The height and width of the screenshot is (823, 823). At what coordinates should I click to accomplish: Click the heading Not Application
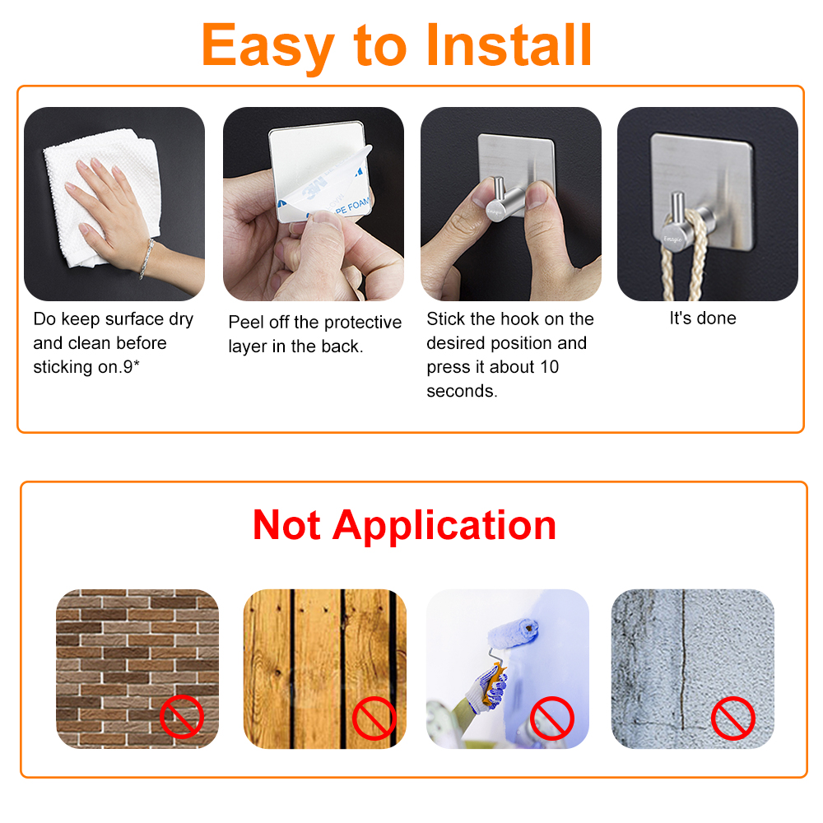[x=404, y=525]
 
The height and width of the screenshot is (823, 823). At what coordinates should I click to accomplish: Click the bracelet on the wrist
[x=147, y=256]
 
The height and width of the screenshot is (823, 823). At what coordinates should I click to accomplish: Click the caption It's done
[x=702, y=319]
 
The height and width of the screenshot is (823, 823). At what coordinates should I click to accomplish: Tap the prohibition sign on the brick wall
[x=181, y=715]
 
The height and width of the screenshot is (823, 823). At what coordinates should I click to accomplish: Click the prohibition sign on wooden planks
[x=374, y=718]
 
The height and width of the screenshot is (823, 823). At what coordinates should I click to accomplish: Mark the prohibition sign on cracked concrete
[x=732, y=718]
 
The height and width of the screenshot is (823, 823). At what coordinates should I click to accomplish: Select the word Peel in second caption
[x=246, y=323]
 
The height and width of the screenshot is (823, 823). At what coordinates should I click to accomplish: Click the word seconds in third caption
[x=462, y=391]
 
